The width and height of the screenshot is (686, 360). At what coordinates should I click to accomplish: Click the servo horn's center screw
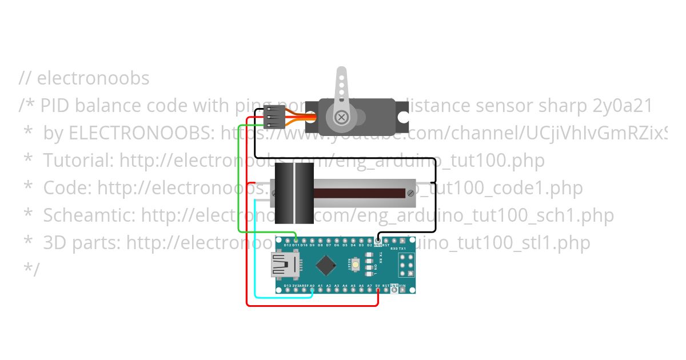click(341, 118)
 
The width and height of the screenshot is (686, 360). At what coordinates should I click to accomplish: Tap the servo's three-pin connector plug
click(275, 118)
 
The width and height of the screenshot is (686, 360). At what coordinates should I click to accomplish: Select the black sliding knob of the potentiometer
click(294, 193)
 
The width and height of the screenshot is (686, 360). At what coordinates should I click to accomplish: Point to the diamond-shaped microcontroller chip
click(326, 265)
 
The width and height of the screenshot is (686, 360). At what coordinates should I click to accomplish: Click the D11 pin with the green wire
click(296, 240)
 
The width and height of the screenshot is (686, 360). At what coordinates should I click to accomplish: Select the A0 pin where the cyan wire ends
click(312, 290)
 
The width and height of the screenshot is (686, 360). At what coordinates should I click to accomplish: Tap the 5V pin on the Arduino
click(378, 290)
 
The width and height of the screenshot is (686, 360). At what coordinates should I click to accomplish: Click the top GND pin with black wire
click(378, 240)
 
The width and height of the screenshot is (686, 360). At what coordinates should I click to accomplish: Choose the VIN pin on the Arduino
click(403, 290)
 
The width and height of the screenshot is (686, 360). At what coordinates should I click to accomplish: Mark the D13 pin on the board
click(287, 290)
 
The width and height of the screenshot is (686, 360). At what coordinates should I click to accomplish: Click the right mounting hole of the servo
click(404, 118)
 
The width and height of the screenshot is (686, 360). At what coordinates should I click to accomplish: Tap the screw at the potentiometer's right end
click(410, 193)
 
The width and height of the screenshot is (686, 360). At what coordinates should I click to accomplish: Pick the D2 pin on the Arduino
click(370, 240)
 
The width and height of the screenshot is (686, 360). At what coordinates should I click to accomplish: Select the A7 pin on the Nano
click(370, 290)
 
